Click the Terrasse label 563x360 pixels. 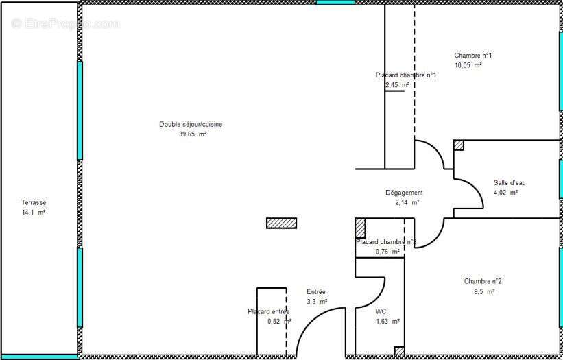(x=34, y=202)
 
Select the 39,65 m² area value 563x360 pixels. (x=192, y=134)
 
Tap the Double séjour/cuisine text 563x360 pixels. (x=191, y=124)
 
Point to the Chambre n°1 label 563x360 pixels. (x=473, y=56)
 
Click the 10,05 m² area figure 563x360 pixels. (x=468, y=65)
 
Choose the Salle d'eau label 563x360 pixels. (x=510, y=182)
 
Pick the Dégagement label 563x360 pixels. (x=404, y=193)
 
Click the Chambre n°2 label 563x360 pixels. (x=483, y=281)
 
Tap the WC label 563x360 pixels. (x=381, y=311)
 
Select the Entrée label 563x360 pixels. (x=316, y=291)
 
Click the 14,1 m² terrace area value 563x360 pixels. (x=34, y=213)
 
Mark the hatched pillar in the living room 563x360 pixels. (x=281, y=223)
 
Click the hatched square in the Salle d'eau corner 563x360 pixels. (x=459, y=145)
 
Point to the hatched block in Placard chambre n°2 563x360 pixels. (x=360, y=228)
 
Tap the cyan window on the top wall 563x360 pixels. (x=335, y=3)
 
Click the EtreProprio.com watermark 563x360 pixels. (x=65, y=24)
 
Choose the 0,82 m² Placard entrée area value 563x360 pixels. (x=279, y=321)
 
